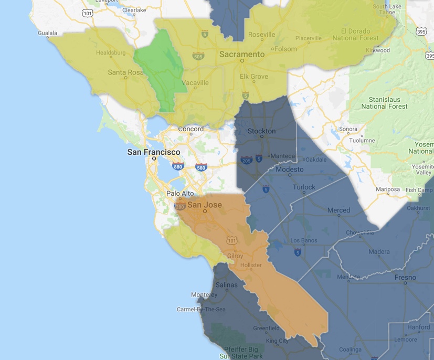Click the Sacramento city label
[x=241, y=54]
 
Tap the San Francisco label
[x=154, y=152]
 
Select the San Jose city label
[x=202, y=205]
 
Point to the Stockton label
[x=261, y=131]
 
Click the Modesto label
[x=290, y=170]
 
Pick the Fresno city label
[x=406, y=277]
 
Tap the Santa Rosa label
[x=125, y=72]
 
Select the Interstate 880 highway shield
[x=177, y=167]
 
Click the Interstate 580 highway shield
[x=200, y=167]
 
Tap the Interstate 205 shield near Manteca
[x=246, y=159]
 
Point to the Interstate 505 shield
[x=198, y=56]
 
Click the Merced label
[x=338, y=210]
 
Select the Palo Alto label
[x=180, y=193]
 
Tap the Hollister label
[x=250, y=265]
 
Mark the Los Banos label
[x=302, y=240]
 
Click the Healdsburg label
[x=110, y=53]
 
